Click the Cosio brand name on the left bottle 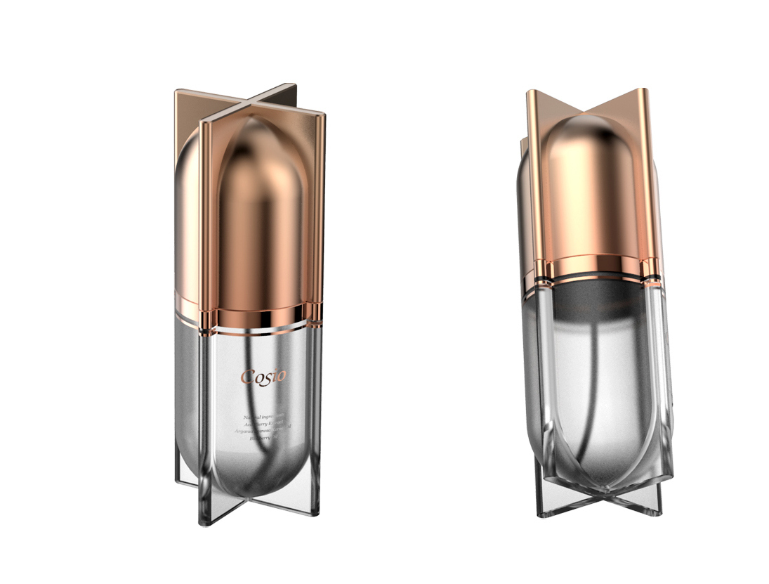point(263,376)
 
